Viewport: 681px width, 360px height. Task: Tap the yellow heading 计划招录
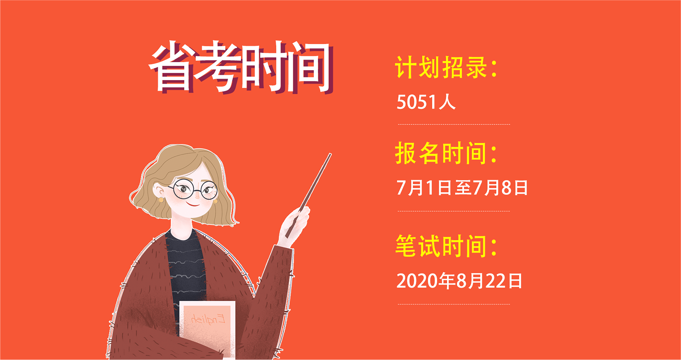pos(441,67)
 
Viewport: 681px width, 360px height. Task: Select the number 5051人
pos(426,102)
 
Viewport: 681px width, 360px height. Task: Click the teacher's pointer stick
pos(308,195)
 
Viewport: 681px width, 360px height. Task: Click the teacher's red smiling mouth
pos(193,204)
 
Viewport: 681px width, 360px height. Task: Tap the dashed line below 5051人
pos(454,124)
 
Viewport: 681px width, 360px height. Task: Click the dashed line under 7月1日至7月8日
pos(454,211)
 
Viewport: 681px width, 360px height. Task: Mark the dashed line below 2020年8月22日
pos(454,304)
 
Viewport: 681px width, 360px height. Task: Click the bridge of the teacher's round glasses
pos(197,191)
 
